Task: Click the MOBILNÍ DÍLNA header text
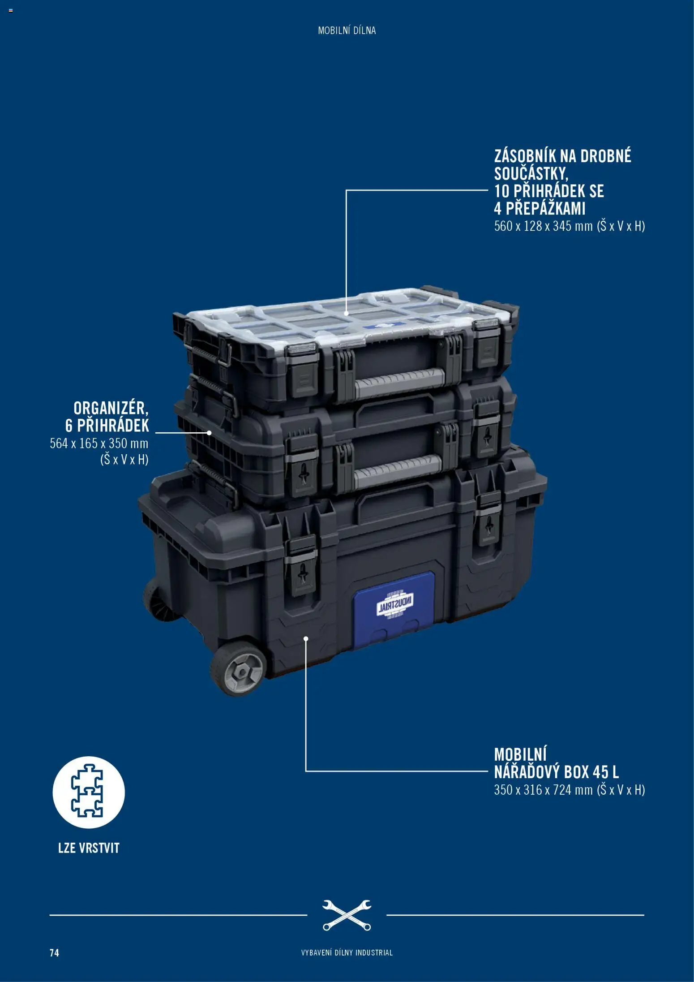point(347,30)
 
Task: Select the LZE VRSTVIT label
point(89,848)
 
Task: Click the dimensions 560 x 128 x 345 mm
point(543,226)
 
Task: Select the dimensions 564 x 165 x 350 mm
point(99,444)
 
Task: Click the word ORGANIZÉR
point(111,408)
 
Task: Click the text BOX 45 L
point(591,772)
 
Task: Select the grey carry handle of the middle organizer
point(398,471)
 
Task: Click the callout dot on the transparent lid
point(346,314)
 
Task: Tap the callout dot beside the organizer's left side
point(209,433)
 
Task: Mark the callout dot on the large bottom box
point(306,638)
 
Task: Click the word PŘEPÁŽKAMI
point(545,208)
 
